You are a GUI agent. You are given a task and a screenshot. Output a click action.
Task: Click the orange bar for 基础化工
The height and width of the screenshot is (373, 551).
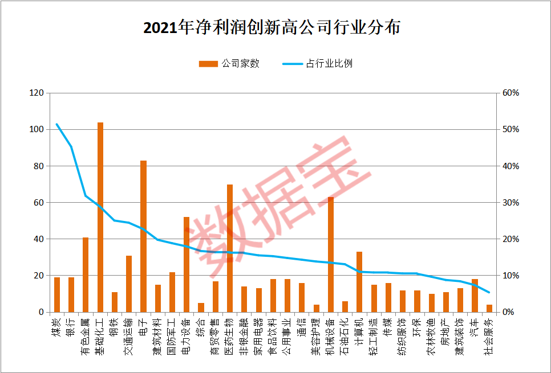tap(100, 217)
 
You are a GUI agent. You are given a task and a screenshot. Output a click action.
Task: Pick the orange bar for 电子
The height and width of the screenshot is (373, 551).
tap(144, 236)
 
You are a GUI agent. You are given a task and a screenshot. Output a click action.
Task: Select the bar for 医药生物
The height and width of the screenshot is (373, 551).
tap(230, 248)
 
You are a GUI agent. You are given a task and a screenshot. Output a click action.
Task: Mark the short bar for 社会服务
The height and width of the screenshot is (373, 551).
tap(489, 309)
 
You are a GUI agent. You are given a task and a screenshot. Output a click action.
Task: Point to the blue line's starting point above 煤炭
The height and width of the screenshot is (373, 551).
tap(56, 124)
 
